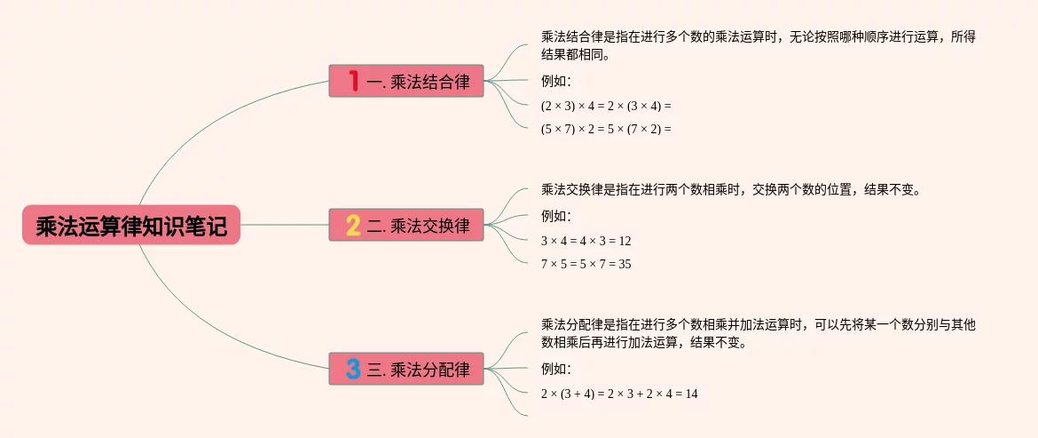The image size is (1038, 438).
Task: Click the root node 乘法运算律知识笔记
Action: (131, 226)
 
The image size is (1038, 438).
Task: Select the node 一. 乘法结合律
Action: (406, 81)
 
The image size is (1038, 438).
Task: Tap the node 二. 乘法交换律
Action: (406, 225)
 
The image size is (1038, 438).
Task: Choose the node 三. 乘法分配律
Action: (406, 369)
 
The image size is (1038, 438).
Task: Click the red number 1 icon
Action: (353, 81)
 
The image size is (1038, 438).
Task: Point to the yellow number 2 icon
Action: (353, 225)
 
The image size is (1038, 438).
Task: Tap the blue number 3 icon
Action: (353, 369)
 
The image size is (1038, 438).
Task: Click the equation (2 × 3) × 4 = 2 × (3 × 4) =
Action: (606, 106)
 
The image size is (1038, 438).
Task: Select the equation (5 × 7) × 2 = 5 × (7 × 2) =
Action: (606, 129)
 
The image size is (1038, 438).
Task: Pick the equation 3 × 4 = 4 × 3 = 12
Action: (586, 241)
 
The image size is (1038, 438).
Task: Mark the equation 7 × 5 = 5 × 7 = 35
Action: (586, 264)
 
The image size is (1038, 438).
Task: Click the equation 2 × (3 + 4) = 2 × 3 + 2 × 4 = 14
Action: (619, 394)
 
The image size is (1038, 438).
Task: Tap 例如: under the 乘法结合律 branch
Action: (556, 82)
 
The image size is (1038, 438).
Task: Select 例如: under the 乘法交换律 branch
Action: (556, 216)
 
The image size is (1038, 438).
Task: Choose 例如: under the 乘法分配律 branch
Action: (556, 369)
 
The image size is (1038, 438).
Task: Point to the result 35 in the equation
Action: (625, 264)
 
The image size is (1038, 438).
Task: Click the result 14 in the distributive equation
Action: (691, 394)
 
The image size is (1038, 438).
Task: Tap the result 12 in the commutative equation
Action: (625, 241)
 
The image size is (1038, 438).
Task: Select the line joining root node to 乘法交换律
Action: (284, 225)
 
